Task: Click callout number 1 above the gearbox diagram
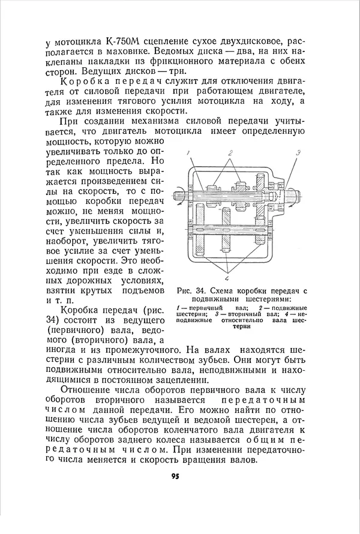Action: (187, 154)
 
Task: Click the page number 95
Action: (175, 476)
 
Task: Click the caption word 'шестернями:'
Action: (269, 299)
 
